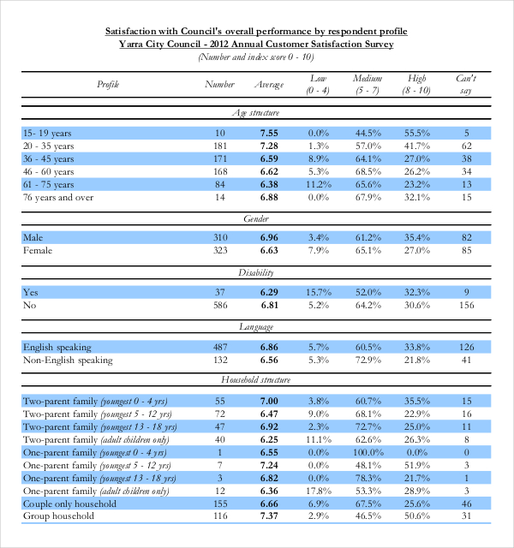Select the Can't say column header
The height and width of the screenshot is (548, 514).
point(466,84)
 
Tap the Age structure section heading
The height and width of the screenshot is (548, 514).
point(256,113)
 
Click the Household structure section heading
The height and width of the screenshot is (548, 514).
point(256,378)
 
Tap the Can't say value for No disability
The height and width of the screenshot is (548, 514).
point(466,305)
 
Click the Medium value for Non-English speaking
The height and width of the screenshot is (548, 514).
point(368,360)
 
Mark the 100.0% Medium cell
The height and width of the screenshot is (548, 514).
point(368,451)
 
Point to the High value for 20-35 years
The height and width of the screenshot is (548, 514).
point(416,146)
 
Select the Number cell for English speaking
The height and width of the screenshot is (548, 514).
point(220,347)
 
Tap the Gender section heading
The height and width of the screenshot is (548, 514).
point(256,219)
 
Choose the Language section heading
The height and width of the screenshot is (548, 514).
point(256,327)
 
